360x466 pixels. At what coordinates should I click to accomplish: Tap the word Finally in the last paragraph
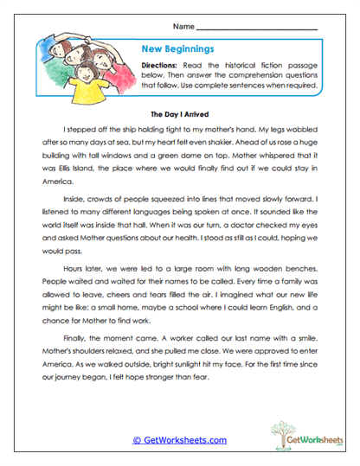[79, 361]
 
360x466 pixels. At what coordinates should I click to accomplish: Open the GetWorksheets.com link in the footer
[180, 440]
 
